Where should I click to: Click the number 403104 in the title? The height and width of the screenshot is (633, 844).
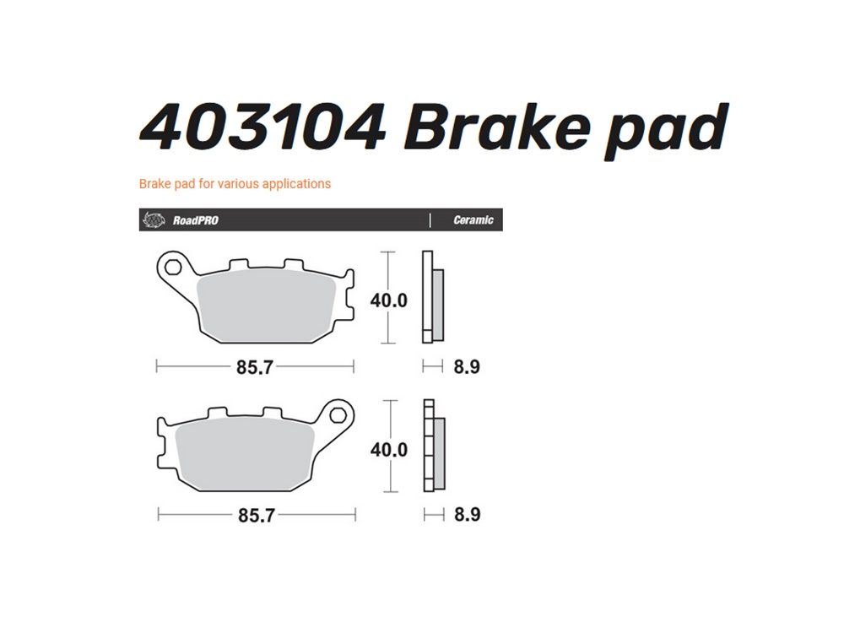tap(262, 127)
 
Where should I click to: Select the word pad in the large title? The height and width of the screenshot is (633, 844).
tap(667, 132)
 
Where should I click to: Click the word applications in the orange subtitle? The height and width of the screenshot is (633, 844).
tap(296, 184)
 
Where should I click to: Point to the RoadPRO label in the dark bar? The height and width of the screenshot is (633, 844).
tap(196, 220)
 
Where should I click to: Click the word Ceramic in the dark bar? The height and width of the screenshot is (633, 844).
tap(473, 220)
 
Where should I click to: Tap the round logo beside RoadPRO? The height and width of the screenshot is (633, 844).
tap(154, 219)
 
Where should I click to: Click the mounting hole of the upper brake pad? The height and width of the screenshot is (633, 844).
tap(173, 267)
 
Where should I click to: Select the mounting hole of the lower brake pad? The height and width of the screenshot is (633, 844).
tap(338, 415)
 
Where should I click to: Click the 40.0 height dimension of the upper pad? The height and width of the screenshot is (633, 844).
tap(388, 300)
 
